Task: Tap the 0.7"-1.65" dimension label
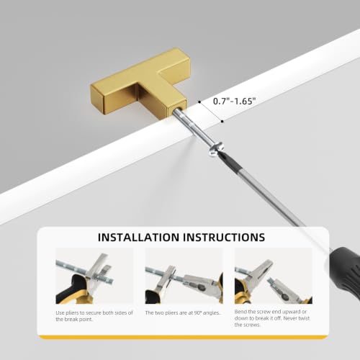click(233, 101)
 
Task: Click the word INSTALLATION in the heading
click(138, 237)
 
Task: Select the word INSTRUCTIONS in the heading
click(224, 237)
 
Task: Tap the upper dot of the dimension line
click(199, 102)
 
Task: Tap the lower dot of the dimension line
click(222, 121)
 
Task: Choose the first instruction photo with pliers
click(94, 276)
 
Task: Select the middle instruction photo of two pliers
click(184, 276)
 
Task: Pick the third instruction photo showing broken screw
click(274, 276)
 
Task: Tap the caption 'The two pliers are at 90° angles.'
click(183, 312)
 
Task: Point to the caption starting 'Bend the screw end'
click(272, 318)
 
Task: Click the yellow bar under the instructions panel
click(184, 337)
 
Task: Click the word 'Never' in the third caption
click(292, 318)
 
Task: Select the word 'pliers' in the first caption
click(72, 313)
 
